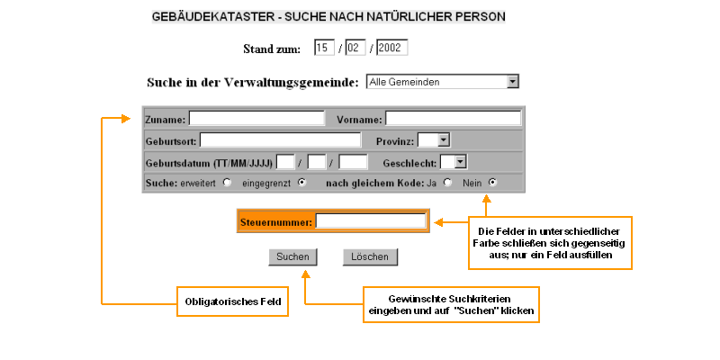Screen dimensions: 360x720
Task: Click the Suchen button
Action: pos(292,257)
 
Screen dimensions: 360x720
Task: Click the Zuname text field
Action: pos(256,118)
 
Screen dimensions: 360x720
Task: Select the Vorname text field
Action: pos(453,118)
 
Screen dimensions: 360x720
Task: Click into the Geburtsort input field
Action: pos(280,140)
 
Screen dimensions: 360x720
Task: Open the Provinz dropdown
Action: pos(434,139)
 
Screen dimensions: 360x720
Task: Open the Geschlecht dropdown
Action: pos(454,162)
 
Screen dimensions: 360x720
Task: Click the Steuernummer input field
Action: pos(370,220)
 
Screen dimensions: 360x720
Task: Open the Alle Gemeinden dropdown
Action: pos(443,82)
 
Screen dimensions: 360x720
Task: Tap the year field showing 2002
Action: pos(391,47)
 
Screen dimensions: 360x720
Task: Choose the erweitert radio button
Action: pos(227,183)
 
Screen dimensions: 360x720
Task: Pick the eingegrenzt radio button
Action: pos(301,183)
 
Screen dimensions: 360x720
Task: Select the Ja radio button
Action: pos(447,183)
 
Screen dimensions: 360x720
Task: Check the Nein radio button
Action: pos(491,183)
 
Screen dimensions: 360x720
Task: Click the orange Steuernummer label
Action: pos(275,221)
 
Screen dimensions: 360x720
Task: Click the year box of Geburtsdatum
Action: pos(354,162)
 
